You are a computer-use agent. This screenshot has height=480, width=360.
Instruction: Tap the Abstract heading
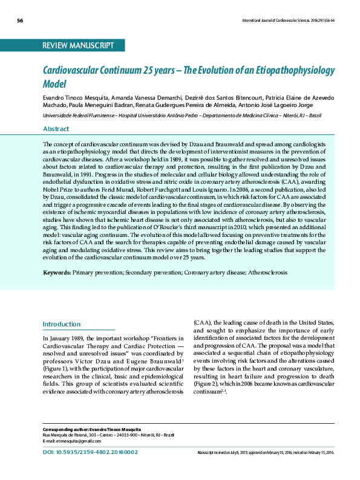(56, 129)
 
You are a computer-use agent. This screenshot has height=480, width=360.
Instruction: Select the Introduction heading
(62, 324)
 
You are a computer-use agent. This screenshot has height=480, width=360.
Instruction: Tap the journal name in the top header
(288, 21)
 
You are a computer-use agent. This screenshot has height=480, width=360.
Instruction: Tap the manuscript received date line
(266, 452)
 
